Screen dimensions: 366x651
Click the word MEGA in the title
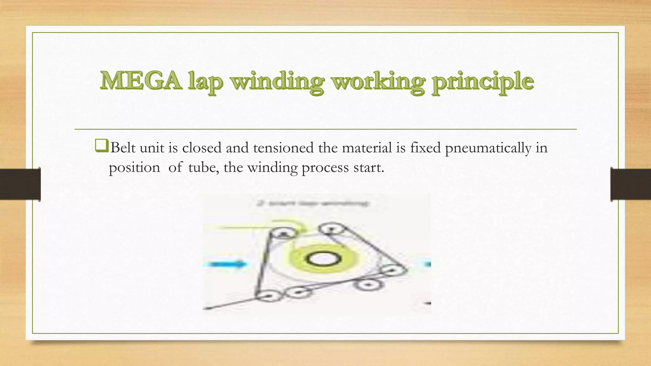[141, 81]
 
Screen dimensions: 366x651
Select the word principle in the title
[483, 82]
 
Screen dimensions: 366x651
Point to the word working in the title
[378, 82]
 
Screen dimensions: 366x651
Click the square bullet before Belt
[101, 147]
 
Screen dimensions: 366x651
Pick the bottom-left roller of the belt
[269, 296]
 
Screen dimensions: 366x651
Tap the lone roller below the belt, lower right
[368, 285]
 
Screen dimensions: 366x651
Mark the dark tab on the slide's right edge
[630, 184]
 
